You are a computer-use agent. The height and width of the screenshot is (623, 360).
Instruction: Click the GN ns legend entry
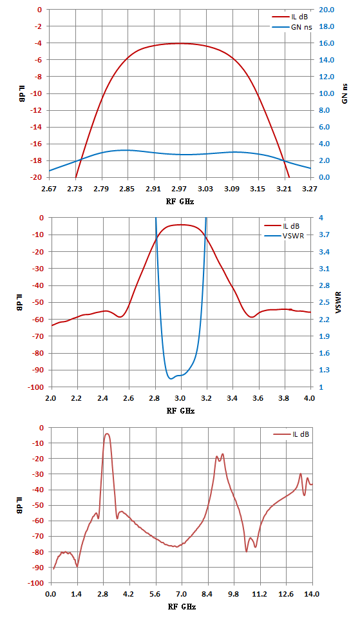point(292,27)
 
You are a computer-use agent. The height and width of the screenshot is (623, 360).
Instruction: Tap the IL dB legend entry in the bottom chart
point(291,434)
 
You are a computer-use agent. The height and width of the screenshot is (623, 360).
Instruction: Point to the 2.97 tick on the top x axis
point(180,188)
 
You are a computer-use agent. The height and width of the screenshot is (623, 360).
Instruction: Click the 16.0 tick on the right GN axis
point(327,43)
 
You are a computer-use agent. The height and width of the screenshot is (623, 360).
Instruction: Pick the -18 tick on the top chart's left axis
point(36,160)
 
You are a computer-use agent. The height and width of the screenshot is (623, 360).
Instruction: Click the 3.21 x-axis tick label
point(284,188)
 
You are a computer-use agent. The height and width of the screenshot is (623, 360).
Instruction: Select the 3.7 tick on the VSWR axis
point(324,235)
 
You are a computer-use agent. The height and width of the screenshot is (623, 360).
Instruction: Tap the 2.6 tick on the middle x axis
point(129,398)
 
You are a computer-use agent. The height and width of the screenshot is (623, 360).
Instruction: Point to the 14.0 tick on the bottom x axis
point(312,594)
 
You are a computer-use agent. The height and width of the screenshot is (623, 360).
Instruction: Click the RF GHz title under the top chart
point(180,202)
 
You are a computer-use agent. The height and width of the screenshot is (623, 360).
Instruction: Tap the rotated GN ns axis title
point(345,94)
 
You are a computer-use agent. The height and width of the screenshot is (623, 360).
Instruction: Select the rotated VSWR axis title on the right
point(339,302)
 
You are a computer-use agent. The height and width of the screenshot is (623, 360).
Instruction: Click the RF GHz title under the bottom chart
point(182,607)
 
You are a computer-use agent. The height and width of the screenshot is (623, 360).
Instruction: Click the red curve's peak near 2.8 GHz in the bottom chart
point(107,434)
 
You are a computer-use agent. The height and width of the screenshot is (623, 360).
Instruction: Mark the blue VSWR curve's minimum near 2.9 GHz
point(171,379)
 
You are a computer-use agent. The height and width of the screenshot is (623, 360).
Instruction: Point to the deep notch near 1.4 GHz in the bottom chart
point(77,566)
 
